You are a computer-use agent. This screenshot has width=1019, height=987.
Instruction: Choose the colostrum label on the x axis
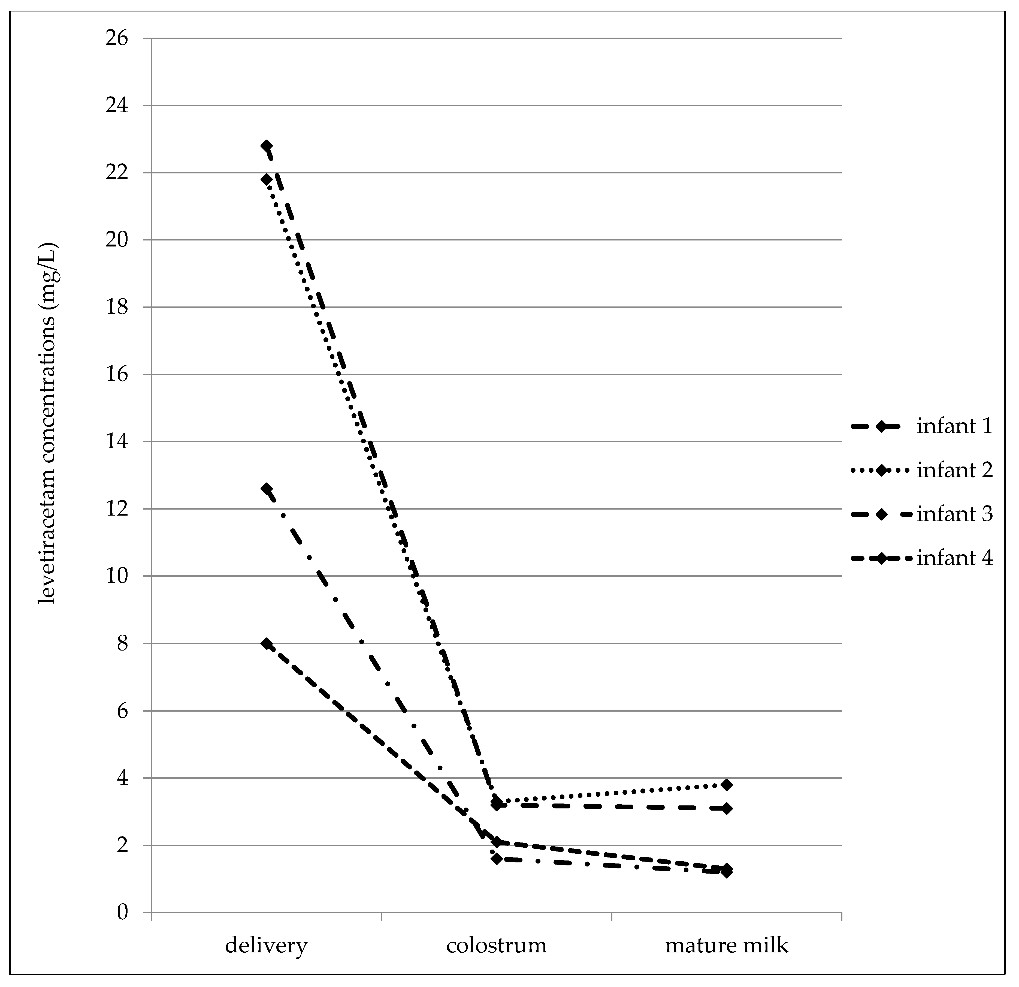coord(497,945)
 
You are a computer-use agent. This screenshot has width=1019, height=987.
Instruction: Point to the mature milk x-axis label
coord(726,945)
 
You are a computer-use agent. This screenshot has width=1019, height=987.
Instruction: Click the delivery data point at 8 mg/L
coord(267,644)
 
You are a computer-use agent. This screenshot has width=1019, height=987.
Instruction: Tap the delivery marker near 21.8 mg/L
coord(267,179)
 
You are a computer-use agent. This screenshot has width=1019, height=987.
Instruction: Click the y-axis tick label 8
coord(122,644)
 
